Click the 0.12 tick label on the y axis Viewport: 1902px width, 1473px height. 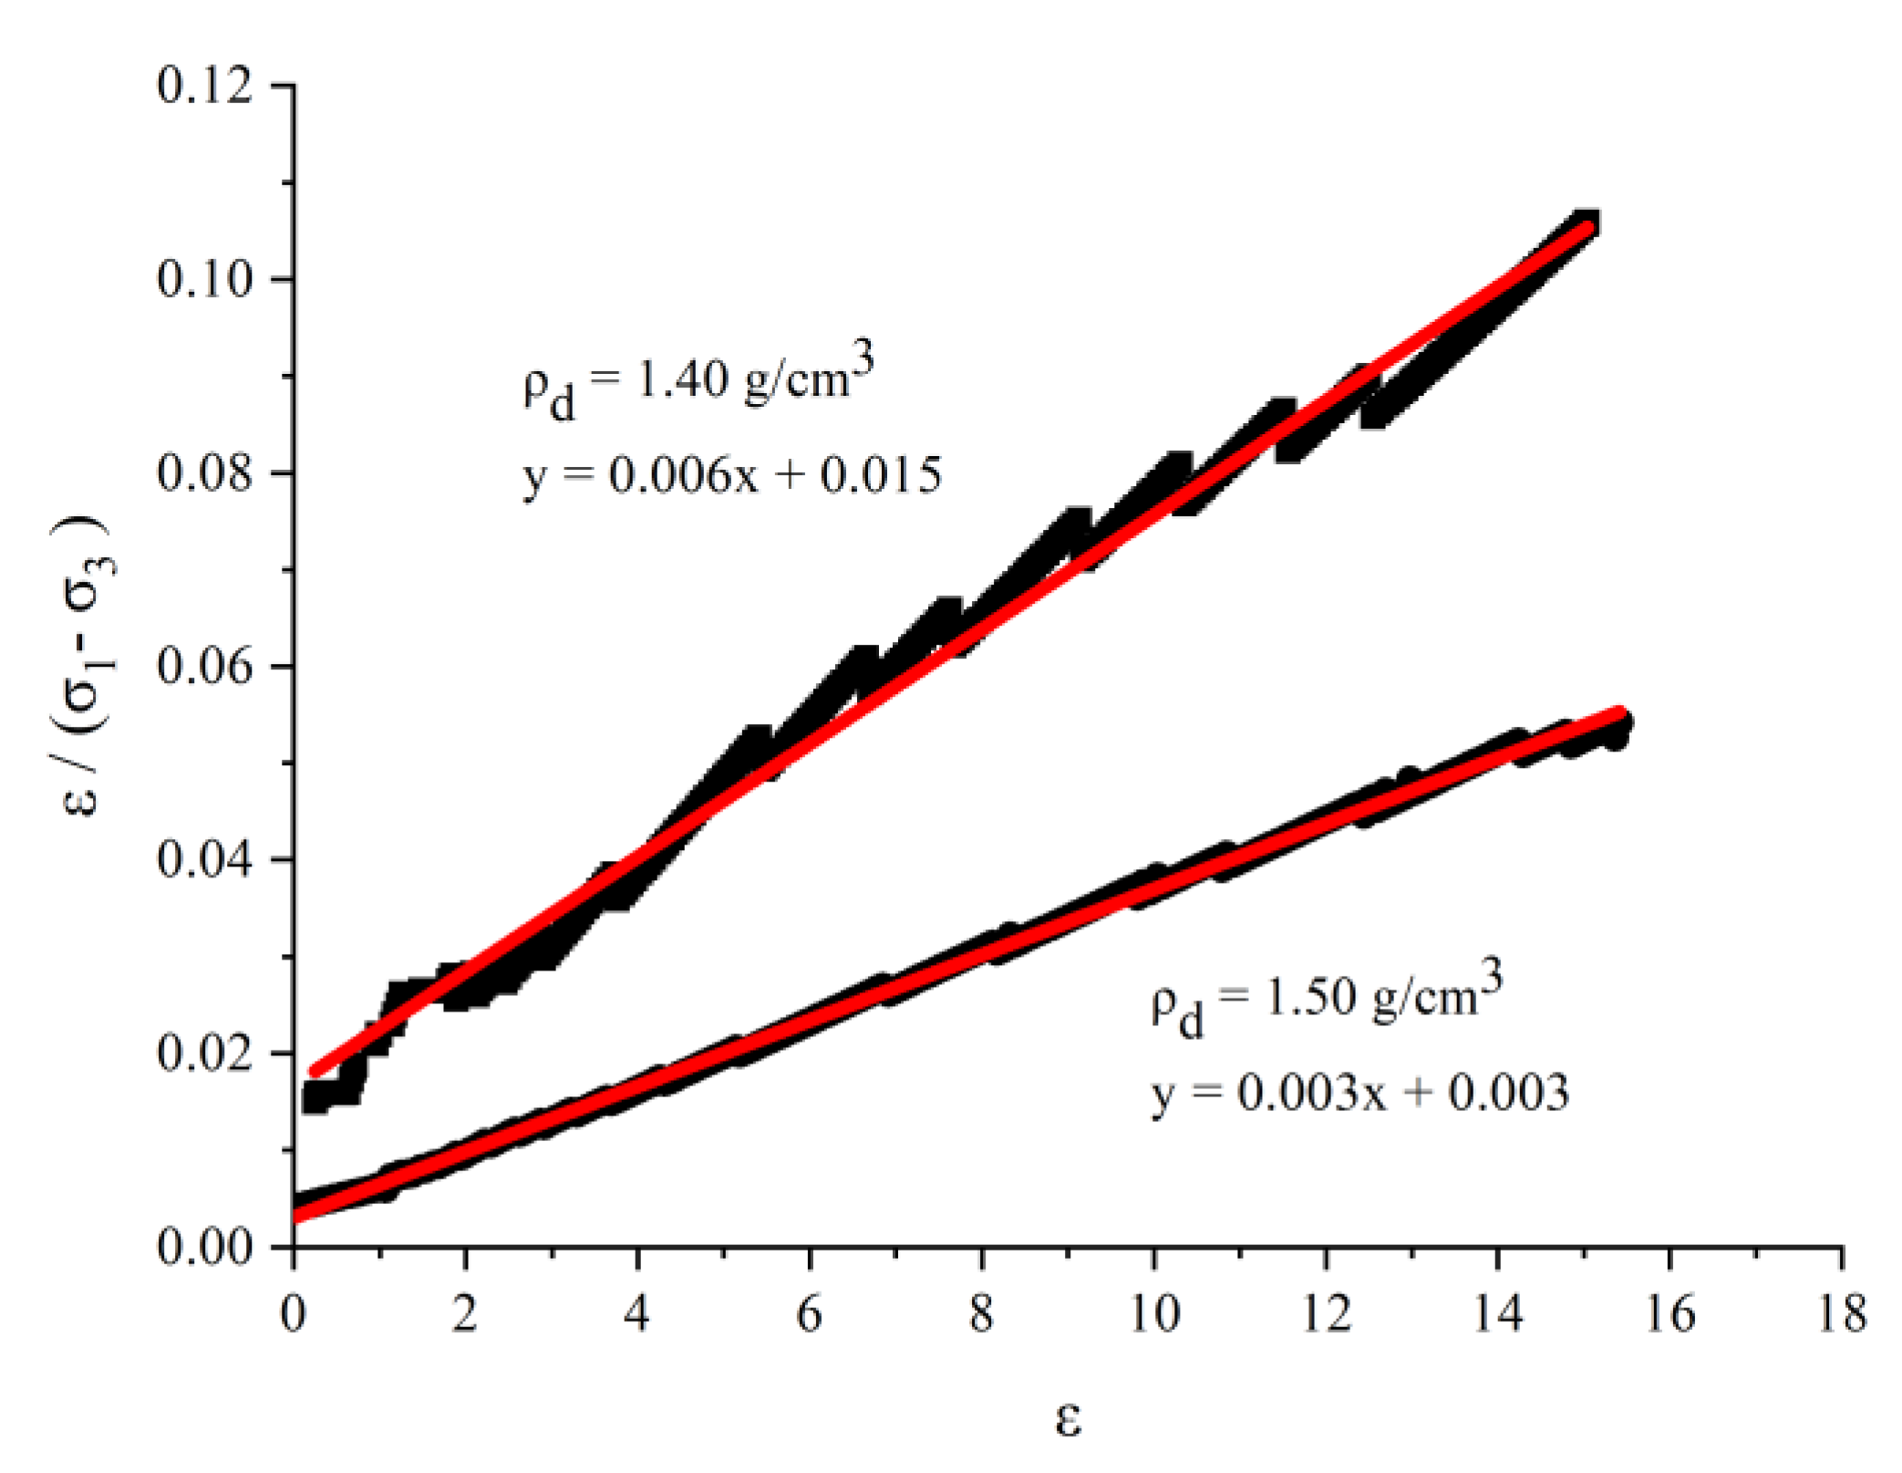pyautogui.click(x=204, y=87)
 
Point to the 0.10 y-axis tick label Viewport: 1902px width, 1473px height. pyautogui.click(x=204, y=279)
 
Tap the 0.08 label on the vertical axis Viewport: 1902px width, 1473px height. pyautogui.click(x=204, y=473)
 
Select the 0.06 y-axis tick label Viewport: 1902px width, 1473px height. pyautogui.click(x=204, y=667)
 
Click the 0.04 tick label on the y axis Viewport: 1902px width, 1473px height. pyautogui.click(x=204, y=860)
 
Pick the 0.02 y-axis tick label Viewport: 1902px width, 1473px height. pyautogui.click(x=204, y=1053)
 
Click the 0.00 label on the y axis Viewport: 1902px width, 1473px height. pyautogui.click(x=204, y=1247)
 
